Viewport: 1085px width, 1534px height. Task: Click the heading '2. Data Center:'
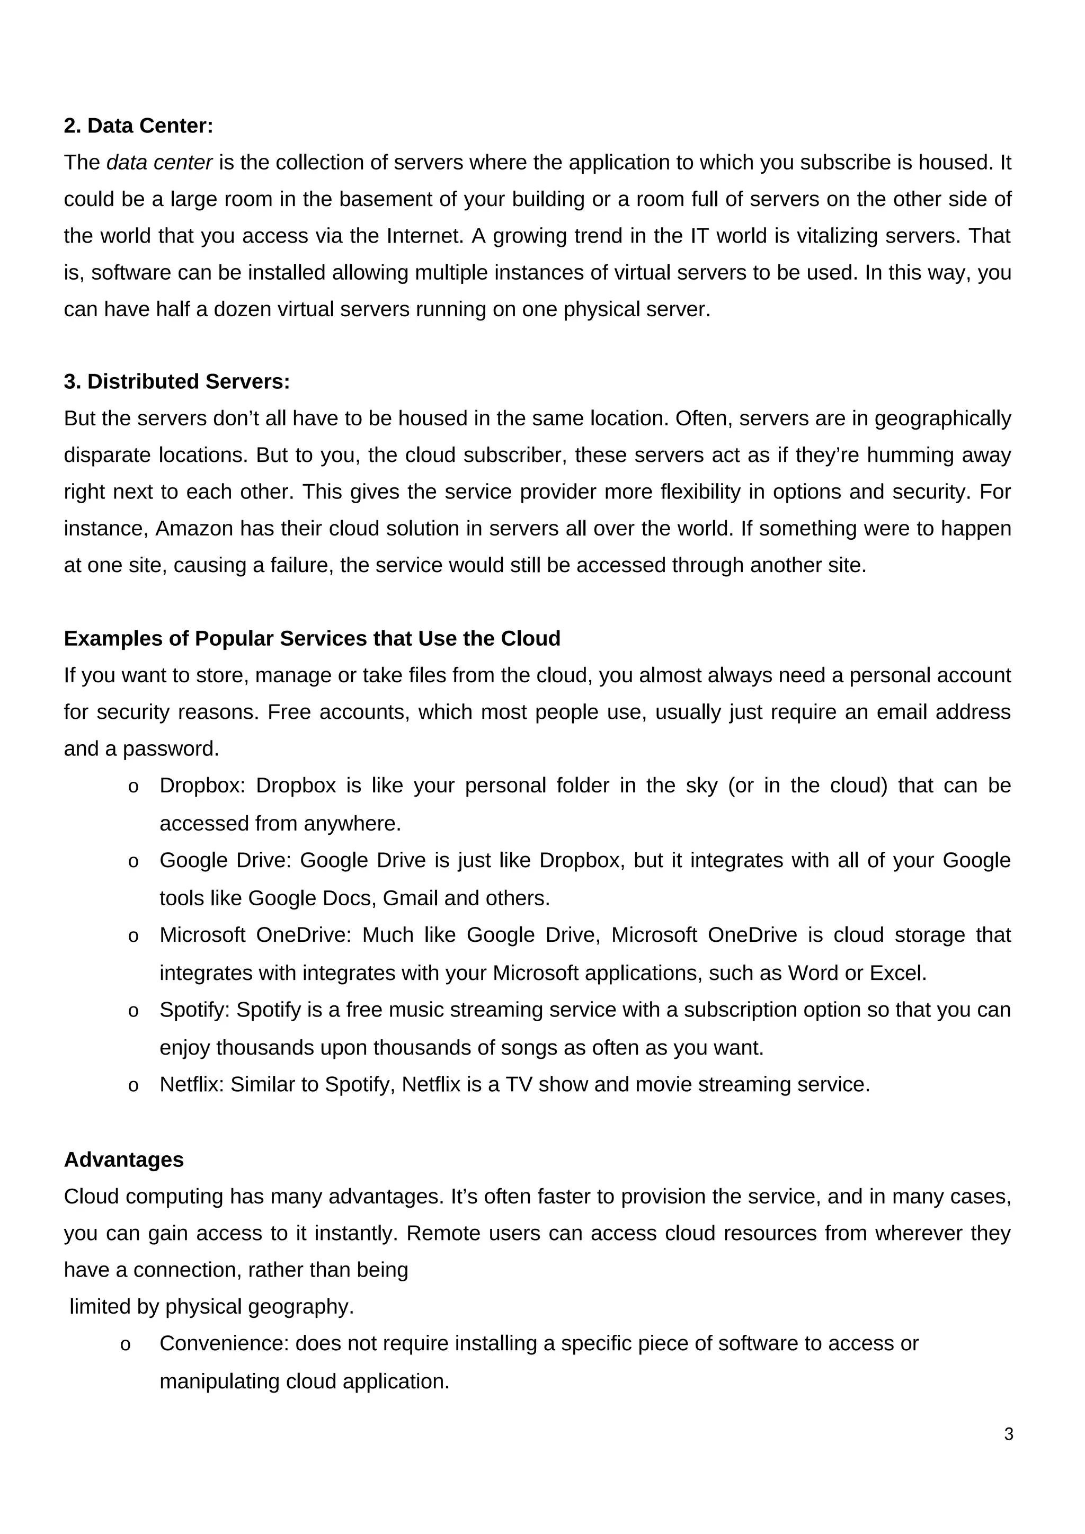[138, 126]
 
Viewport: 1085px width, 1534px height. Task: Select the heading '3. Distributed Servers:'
[177, 381]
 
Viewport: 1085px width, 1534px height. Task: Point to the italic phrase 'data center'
[159, 163]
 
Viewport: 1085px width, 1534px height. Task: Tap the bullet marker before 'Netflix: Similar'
[133, 1086]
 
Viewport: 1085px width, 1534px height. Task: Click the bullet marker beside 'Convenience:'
[125, 1345]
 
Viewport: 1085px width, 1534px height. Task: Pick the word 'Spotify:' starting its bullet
[194, 1010]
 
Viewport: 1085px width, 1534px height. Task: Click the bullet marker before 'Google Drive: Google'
[133, 862]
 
